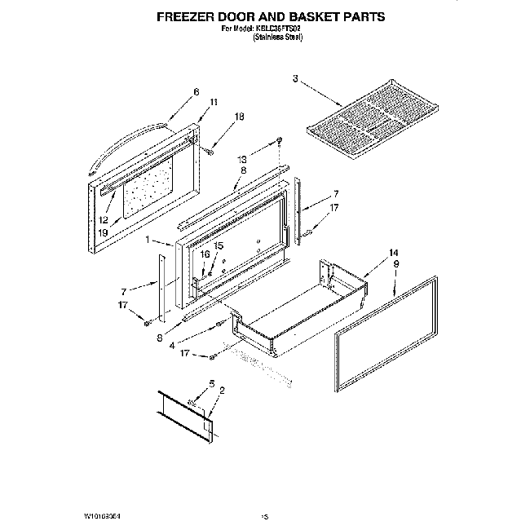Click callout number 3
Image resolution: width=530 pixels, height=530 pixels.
coord(296,78)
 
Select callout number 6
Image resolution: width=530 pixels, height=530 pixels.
coord(197,92)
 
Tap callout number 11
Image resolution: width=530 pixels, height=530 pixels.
coord(214,102)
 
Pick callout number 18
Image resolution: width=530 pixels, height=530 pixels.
coord(239,117)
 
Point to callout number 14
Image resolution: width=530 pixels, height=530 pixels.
coord(394,252)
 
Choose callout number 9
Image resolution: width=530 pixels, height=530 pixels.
coord(395,264)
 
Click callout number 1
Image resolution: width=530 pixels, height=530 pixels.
coord(148,241)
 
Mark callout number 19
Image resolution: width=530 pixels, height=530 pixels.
coord(103,232)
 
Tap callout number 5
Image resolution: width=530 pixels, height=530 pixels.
coord(211,383)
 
